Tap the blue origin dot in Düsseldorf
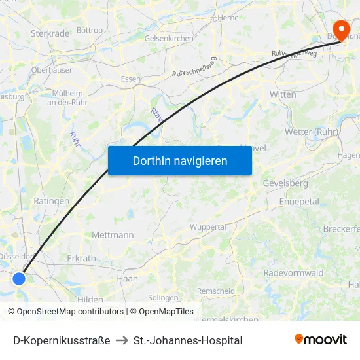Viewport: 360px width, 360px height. (x=19, y=278)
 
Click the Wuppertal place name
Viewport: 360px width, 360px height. (x=207, y=227)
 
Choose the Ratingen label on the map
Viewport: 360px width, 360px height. (x=51, y=201)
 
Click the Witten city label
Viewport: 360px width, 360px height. (x=283, y=94)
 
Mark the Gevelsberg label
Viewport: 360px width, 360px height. (x=285, y=183)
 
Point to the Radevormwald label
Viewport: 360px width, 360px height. (x=293, y=273)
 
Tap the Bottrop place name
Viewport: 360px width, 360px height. (x=90, y=30)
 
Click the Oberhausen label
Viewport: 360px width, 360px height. (x=52, y=69)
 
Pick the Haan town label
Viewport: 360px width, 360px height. (x=127, y=278)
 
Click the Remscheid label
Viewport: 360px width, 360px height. (x=216, y=291)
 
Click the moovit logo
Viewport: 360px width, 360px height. (x=321, y=339)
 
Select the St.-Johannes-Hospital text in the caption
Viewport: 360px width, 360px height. (x=188, y=340)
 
